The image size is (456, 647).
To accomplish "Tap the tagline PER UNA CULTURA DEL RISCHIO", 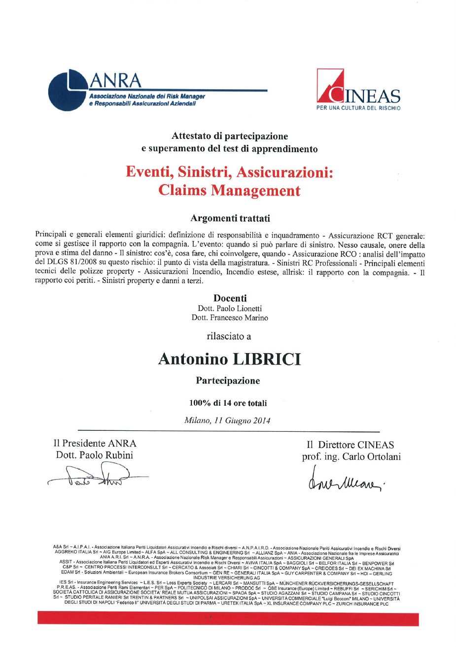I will tap(358, 108).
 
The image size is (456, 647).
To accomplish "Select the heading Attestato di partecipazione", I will tap(229, 136).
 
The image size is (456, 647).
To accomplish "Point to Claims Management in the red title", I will tap(229, 190).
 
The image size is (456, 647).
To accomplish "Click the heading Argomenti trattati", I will tap(230, 218).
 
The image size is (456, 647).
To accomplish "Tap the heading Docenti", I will tap(230, 298).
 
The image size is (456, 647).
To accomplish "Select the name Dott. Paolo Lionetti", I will tap(230, 308).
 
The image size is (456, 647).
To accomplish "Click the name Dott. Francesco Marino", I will tap(230, 318).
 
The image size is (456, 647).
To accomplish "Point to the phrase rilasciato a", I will tap(229, 336).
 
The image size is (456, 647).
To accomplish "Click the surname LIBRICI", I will tap(267, 359).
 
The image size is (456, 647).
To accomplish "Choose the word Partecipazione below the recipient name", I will tap(228, 381).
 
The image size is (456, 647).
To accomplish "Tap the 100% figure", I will tap(200, 403).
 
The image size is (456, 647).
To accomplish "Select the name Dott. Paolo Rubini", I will tap(95, 455).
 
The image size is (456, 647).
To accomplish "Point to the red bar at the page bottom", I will tap(228, 618).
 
